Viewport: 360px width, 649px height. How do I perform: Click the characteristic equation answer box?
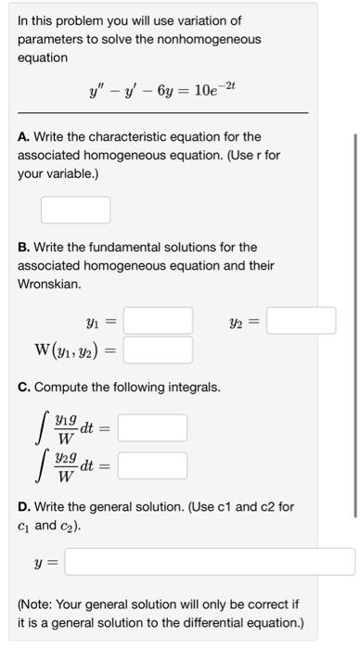tap(75, 210)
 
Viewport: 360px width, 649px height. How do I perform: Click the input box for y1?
tap(158, 321)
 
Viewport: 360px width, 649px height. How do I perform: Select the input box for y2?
tap(302, 321)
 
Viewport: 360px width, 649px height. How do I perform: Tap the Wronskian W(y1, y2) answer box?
tap(158, 350)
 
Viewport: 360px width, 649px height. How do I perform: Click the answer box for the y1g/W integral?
tap(152, 428)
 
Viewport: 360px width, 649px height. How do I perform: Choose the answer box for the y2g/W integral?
tap(152, 464)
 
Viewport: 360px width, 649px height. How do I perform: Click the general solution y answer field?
tap(210, 562)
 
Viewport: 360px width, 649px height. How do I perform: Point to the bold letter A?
tap(22, 136)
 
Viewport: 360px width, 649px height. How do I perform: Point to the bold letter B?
tap(22, 248)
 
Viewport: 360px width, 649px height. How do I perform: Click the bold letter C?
tap(22, 387)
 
